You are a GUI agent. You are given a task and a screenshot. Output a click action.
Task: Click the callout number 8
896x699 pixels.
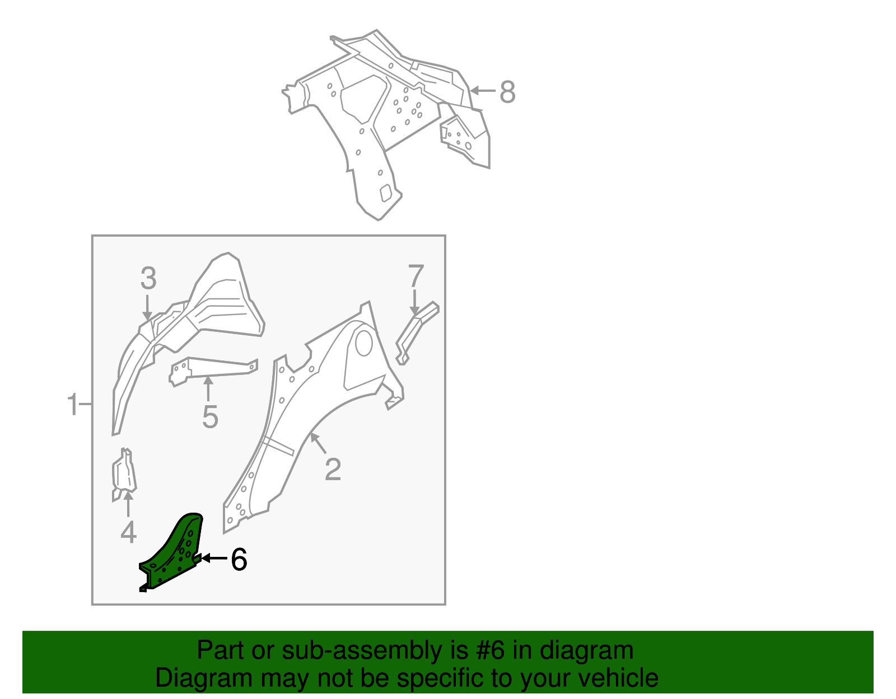[x=507, y=92]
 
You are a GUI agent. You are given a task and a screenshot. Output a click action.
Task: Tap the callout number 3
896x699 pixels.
[x=148, y=278]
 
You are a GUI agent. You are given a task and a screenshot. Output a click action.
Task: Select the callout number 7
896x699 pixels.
[x=416, y=275]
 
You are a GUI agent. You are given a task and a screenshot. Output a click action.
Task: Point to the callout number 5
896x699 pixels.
[x=210, y=417]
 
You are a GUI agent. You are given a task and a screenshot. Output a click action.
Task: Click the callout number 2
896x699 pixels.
[x=333, y=469]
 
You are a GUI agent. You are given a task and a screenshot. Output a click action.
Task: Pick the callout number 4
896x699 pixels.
[x=128, y=532]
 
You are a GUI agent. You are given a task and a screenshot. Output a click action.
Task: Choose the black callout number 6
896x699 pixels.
[x=239, y=559]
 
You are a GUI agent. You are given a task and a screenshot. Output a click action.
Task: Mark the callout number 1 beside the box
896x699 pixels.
[x=73, y=404]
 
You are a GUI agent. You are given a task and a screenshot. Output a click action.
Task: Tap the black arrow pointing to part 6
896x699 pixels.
[x=214, y=559]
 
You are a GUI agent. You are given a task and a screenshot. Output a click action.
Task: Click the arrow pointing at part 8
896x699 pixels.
[x=483, y=91]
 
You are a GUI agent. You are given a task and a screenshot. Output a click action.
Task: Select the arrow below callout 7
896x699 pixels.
[x=414, y=302]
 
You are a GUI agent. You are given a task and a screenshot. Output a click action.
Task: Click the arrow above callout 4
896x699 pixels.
[x=128, y=504]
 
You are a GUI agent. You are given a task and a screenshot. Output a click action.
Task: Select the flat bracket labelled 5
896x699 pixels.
[x=213, y=372]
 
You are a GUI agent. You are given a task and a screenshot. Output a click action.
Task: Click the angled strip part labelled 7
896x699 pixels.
[x=417, y=333]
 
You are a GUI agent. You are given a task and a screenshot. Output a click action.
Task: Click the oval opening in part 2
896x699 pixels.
[x=363, y=343]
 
